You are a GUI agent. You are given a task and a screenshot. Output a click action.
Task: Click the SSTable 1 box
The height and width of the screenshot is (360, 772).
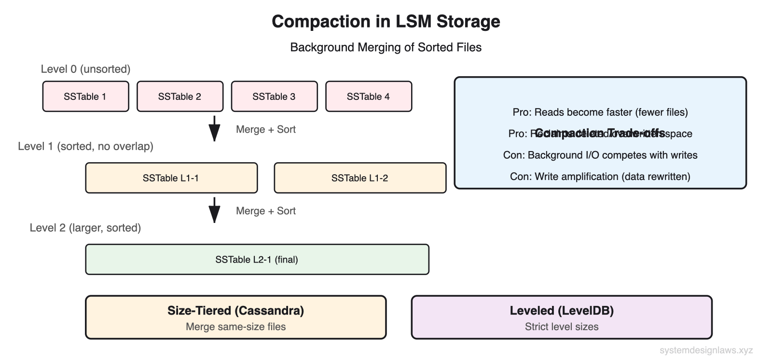click(x=85, y=97)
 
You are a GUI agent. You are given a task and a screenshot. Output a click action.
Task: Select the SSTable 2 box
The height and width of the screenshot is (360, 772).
click(x=180, y=97)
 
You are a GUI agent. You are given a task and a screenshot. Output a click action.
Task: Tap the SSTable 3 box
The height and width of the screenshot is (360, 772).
click(x=274, y=97)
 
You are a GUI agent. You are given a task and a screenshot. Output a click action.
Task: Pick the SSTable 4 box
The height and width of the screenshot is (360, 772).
click(x=369, y=97)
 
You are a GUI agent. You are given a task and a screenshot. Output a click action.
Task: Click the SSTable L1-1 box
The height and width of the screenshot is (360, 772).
click(x=171, y=178)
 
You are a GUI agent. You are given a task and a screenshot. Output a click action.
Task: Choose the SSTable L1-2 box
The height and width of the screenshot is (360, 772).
click(x=360, y=178)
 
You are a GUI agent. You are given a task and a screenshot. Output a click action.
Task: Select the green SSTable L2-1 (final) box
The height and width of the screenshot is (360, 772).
click(x=257, y=260)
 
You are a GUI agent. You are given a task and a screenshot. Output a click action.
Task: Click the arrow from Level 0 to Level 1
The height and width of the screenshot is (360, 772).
click(x=214, y=128)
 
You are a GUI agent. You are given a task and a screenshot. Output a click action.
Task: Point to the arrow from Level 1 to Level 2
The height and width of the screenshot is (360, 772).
click(x=214, y=210)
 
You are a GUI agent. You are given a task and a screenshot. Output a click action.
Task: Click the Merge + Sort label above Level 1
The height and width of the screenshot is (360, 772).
click(x=265, y=129)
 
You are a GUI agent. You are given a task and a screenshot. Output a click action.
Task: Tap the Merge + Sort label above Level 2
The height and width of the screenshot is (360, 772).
click(x=265, y=211)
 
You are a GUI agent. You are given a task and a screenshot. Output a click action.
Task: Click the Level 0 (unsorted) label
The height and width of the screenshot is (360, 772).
click(x=85, y=69)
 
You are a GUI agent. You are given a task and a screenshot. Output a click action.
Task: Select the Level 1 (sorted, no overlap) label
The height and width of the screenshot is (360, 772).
click(x=85, y=146)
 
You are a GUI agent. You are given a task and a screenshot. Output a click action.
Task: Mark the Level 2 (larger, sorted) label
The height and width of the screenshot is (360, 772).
click(x=85, y=228)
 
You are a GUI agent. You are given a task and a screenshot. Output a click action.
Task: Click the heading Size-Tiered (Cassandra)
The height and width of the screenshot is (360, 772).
click(x=235, y=310)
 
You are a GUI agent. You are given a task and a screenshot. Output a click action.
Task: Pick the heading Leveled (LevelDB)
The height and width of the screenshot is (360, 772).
click(x=562, y=310)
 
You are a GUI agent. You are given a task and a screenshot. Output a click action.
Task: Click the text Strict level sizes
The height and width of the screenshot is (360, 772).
click(x=562, y=327)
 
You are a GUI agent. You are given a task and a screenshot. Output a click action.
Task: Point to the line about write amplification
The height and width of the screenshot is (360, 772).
click(x=600, y=177)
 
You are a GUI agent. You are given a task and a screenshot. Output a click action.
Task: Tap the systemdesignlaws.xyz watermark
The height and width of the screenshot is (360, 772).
click(x=706, y=350)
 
